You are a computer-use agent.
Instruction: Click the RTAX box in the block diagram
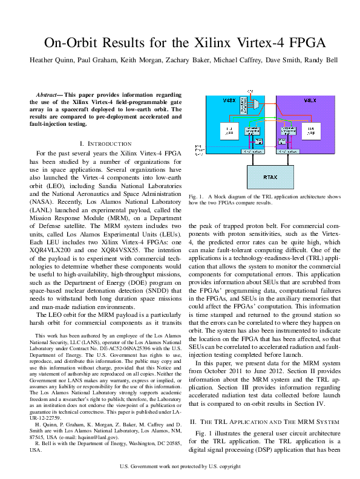[x=270, y=177]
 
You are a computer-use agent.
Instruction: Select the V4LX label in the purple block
[x=310, y=100]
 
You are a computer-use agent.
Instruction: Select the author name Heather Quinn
[x=54, y=60]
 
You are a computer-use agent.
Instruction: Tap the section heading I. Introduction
[x=105, y=143]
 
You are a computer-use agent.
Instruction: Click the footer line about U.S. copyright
[x=180, y=466]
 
